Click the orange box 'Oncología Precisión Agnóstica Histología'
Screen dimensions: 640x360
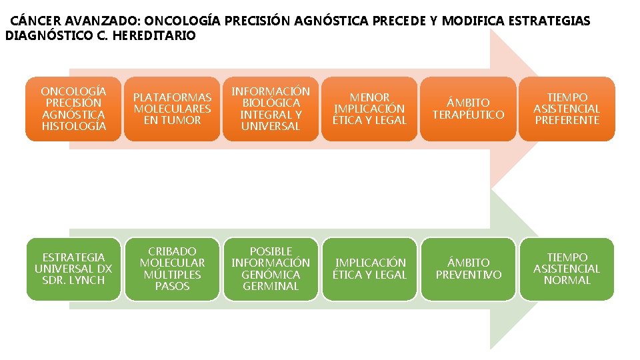tap(73, 109)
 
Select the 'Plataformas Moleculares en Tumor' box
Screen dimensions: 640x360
tap(172, 109)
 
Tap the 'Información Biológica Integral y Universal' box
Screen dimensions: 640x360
tap(271, 109)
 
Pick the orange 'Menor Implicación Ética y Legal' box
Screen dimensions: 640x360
tap(370, 109)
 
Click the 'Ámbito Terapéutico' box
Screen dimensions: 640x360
tap(468, 109)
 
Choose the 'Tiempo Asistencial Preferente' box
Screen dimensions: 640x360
tap(567, 109)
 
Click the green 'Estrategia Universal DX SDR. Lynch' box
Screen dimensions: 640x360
tap(73, 269)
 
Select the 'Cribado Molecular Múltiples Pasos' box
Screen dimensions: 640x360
tap(172, 269)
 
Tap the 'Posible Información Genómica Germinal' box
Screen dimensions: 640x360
tap(271, 269)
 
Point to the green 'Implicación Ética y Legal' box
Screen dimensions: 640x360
tap(370, 269)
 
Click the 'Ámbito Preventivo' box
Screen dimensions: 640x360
tap(468, 269)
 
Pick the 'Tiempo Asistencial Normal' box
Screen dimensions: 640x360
tap(567, 269)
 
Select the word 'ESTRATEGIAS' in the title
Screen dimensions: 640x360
tap(553, 21)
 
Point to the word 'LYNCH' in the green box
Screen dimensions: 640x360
tap(89, 280)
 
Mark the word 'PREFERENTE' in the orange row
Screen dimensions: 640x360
tap(567, 120)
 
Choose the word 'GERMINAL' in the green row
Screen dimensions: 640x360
tap(271, 286)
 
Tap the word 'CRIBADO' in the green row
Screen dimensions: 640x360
tap(172, 251)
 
